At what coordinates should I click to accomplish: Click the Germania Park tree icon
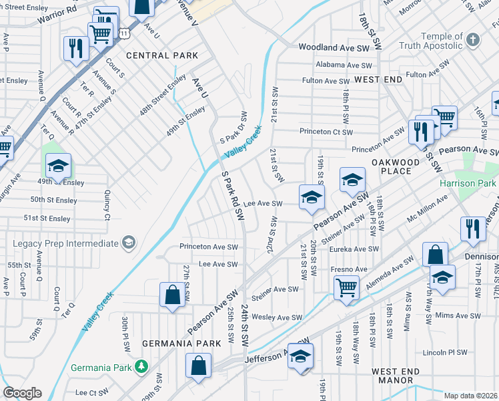pyautogui.click(x=141, y=366)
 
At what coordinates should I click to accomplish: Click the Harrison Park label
pyautogui.click(x=468, y=183)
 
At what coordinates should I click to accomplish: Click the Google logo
pyautogui.click(x=22, y=393)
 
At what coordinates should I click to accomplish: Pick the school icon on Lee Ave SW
pyautogui.click(x=311, y=196)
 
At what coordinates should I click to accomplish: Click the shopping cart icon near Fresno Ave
pyautogui.click(x=346, y=288)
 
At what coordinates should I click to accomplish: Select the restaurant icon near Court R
pyautogui.click(x=75, y=48)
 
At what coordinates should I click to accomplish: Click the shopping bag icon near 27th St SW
pyautogui.click(x=172, y=294)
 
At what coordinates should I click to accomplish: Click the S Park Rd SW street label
pyautogui.click(x=233, y=195)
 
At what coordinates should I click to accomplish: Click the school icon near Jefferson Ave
pyautogui.click(x=301, y=356)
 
